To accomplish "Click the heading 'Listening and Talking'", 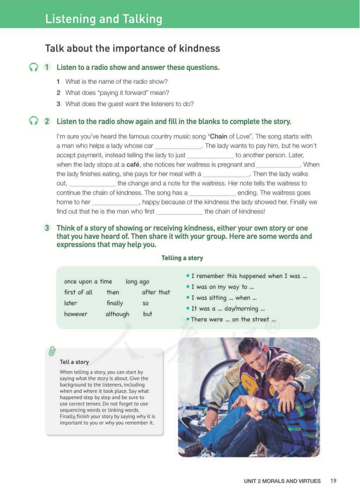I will click(x=103, y=19).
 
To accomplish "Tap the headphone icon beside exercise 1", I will click(x=33, y=67).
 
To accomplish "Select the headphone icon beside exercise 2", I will click(x=33, y=121).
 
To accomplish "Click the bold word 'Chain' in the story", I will click(x=219, y=136).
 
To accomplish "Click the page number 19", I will click(x=333, y=481).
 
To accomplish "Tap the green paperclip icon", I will click(x=52, y=351).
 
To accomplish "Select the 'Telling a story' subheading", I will click(x=182, y=258).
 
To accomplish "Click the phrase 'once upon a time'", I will click(x=88, y=281).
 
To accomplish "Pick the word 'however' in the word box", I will click(x=76, y=314).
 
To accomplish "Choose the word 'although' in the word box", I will click(x=118, y=314).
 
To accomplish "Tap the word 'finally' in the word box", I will click(x=115, y=303).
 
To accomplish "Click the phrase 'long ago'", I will click(x=137, y=281).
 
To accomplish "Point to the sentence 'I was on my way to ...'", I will click(x=222, y=287).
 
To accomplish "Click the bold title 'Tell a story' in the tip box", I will click(x=74, y=362).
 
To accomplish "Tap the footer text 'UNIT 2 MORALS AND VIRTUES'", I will click(x=282, y=481).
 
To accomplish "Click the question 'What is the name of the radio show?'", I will click(x=116, y=81).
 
